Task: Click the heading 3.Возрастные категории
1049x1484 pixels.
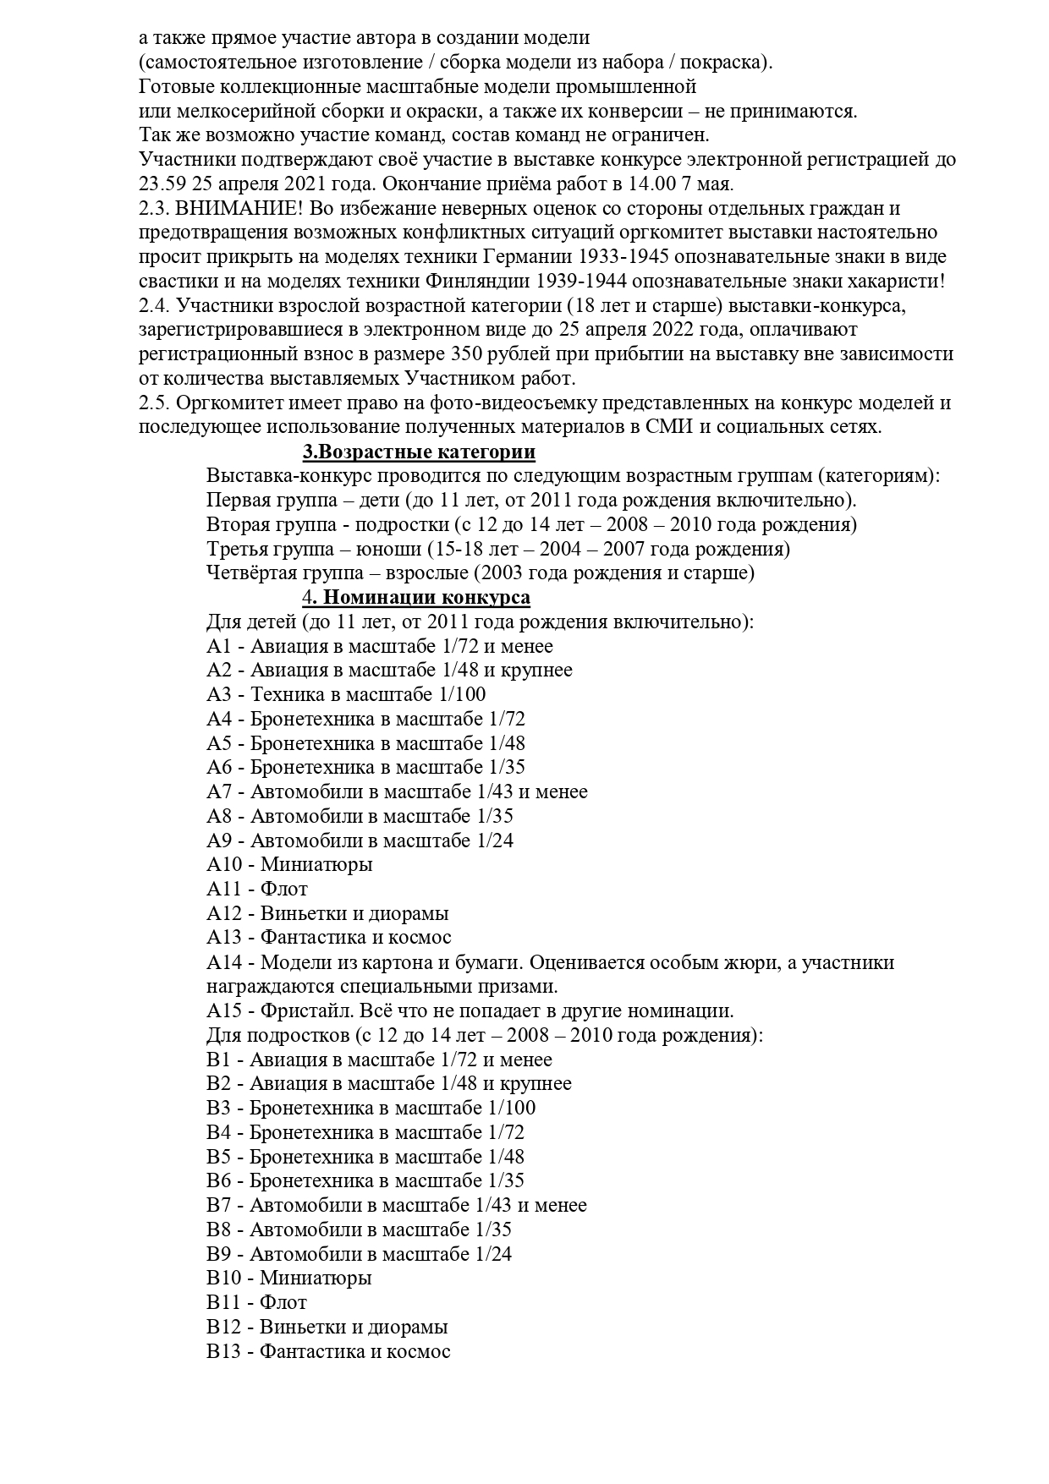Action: click(x=419, y=452)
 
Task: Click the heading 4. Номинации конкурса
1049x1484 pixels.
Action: click(x=416, y=598)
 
